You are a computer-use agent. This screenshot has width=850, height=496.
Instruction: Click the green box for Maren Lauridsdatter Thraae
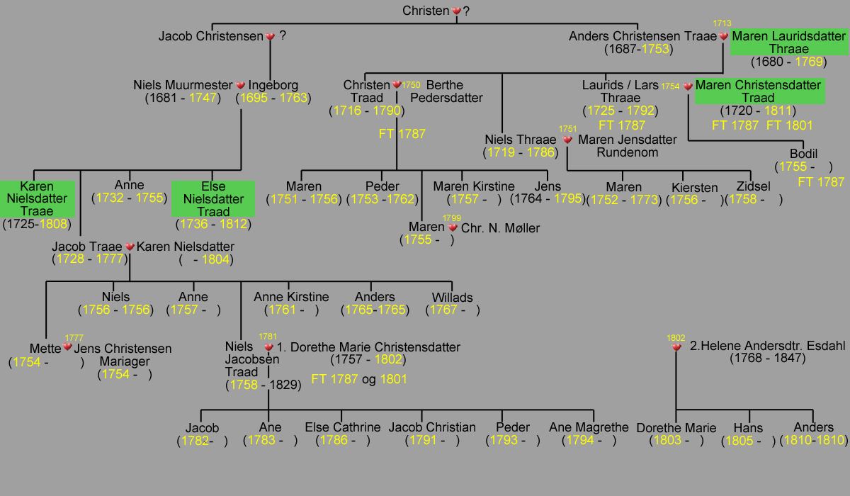(x=789, y=42)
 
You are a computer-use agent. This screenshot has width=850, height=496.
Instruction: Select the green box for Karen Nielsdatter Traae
(x=37, y=199)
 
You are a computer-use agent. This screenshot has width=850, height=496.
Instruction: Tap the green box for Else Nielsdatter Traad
(x=213, y=199)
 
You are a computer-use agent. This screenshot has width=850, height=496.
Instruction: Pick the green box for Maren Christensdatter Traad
(x=759, y=91)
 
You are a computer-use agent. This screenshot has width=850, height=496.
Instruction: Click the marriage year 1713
(x=722, y=23)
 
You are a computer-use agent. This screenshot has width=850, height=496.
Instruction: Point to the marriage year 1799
(x=452, y=218)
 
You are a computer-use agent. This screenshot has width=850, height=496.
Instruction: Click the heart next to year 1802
(x=676, y=347)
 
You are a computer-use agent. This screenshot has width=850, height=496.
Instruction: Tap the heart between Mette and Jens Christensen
(x=67, y=346)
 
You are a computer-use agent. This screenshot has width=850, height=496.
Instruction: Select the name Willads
(x=453, y=298)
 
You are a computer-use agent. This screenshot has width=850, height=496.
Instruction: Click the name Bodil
(x=803, y=154)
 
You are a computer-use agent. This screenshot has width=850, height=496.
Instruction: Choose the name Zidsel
(x=753, y=186)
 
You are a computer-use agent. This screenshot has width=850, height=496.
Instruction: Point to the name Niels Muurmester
(x=183, y=85)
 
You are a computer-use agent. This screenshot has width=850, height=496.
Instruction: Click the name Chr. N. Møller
(x=500, y=228)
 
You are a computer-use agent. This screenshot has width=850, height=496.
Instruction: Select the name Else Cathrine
(x=343, y=427)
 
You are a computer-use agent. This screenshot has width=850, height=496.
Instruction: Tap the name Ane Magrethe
(x=589, y=427)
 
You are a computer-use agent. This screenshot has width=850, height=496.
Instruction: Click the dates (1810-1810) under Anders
(x=813, y=440)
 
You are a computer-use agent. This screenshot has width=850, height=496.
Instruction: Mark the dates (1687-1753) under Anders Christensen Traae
(x=639, y=49)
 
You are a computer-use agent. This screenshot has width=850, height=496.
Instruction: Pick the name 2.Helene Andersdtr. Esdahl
(x=767, y=346)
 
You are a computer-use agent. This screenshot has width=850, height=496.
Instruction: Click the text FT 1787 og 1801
(x=359, y=379)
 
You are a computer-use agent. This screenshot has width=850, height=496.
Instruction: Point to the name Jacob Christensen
(x=210, y=36)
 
